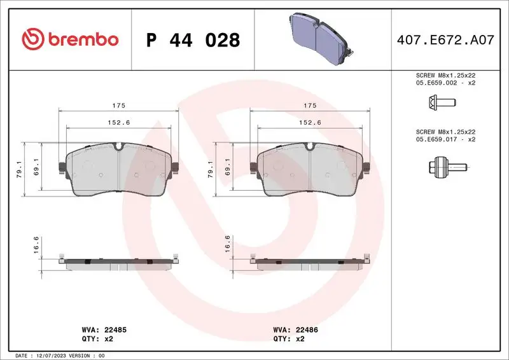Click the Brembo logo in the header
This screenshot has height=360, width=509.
(70, 39)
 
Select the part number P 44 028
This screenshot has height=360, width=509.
(193, 40)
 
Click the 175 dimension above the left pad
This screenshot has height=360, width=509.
(119, 105)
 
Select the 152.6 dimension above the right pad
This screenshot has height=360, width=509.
(310, 122)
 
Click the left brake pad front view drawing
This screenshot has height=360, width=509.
(119, 169)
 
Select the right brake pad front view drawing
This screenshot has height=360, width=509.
(310, 169)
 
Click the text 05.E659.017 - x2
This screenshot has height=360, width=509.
(445, 139)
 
